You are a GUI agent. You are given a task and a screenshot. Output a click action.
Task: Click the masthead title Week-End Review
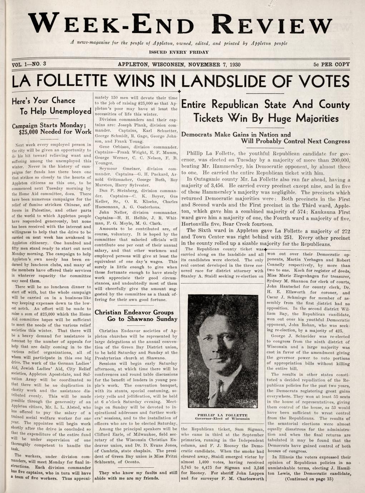(181, 23)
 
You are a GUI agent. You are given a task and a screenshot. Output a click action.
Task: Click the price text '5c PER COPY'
(331, 65)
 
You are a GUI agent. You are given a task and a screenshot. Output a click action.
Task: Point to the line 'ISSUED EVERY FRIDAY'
(178, 52)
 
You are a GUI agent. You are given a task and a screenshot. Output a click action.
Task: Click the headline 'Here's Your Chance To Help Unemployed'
(51, 106)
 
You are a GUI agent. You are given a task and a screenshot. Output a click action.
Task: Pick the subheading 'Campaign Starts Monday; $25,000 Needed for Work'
(51, 129)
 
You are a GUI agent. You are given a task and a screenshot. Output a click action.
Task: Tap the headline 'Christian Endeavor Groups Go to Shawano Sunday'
(136, 315)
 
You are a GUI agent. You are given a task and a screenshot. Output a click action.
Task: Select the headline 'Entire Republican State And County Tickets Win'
(266, 111)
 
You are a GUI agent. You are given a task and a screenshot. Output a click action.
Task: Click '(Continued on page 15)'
(309, 479)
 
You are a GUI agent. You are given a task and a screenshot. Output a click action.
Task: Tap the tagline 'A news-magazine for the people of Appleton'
(178, 43)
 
